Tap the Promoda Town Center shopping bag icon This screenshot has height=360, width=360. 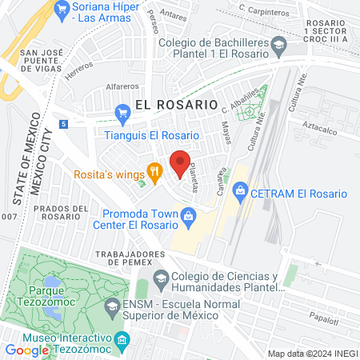(x=187, y=214)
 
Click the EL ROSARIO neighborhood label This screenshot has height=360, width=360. (x=176, y=104)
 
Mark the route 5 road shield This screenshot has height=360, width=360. (x=63, y=124)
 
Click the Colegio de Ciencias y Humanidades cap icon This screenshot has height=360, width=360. (x=161, y=279)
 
